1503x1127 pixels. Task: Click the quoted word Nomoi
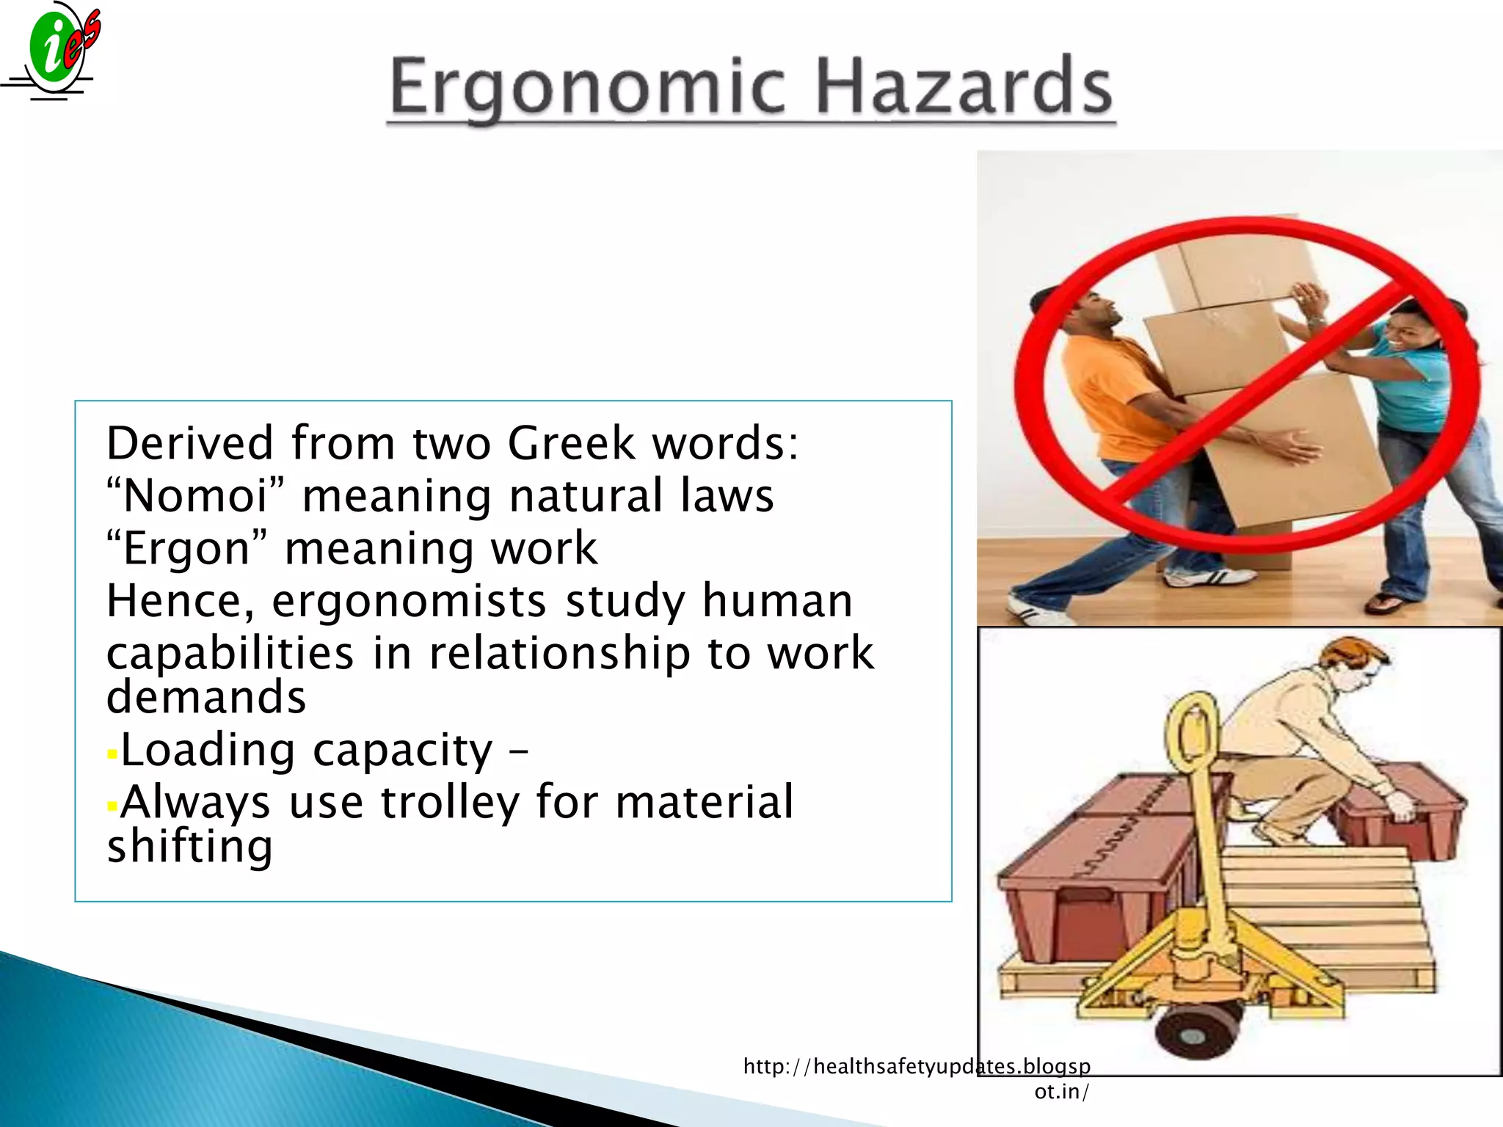click(195, 496)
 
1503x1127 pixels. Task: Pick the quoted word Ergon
click(186, 549)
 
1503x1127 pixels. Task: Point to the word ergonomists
click(409, 602)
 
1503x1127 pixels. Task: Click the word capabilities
click(230, 653)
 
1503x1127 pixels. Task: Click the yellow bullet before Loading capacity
click(112, 754)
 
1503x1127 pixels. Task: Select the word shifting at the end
click(189, 847)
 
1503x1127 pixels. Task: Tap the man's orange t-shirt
click(1108, 396)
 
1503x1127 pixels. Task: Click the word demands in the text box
click(206, 697)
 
